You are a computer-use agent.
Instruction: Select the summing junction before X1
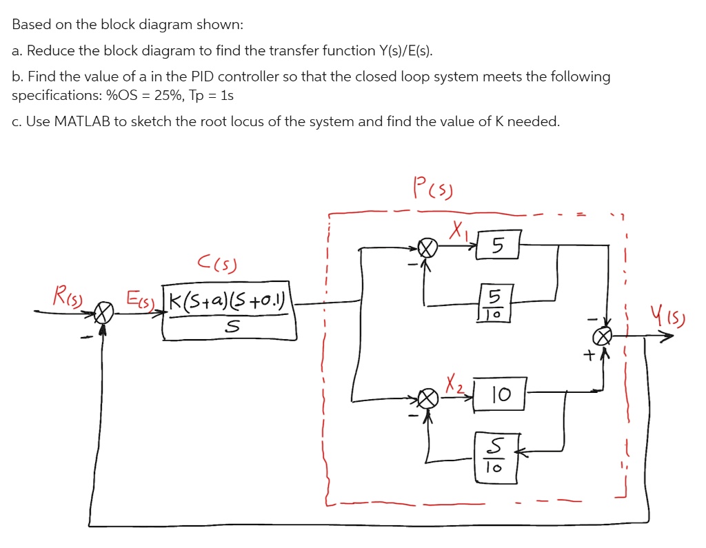[x=430, y=247]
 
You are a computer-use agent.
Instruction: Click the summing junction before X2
[x=430, y=398]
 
